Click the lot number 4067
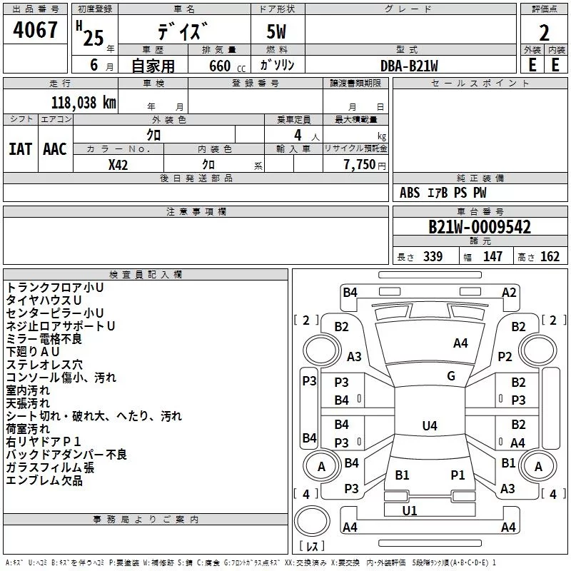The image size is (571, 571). point(35,30)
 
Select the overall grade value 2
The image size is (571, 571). point(544,33)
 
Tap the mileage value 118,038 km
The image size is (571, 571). point(84,103)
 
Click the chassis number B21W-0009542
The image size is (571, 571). point(480,227)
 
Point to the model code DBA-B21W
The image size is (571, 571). point(409,66)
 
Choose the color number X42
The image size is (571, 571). point(118,165)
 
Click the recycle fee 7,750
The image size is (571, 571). point(360,165)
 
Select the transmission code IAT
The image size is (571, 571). point(20,149)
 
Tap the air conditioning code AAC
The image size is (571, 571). point(55,149)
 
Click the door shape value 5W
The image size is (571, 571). point(276,31)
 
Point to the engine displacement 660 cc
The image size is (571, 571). point(227,66)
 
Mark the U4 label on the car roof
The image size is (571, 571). point(430,425)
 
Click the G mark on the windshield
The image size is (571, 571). point(451,376)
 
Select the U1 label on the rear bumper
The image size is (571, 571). point(410,510)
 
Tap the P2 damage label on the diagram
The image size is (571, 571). point(505,356)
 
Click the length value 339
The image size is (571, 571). point(433,257)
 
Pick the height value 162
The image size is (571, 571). point(550,257)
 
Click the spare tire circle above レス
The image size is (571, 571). point(312,520)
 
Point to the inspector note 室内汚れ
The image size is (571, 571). point(28,390)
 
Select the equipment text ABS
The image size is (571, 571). point(410,193)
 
